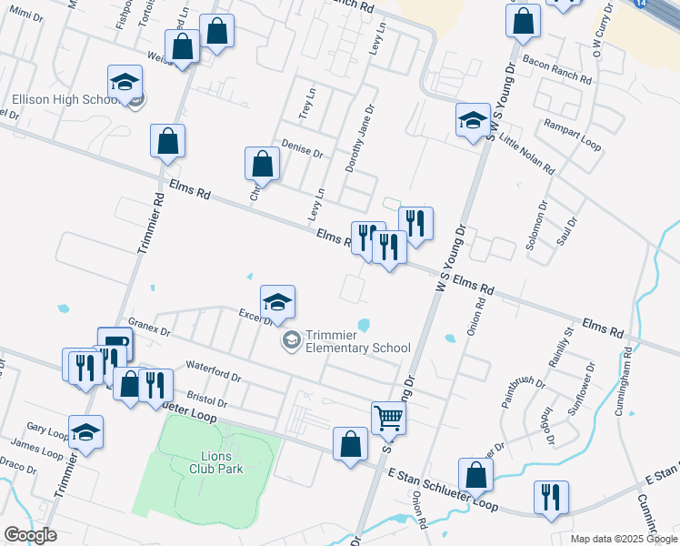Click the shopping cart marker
pos(388,418)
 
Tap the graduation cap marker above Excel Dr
pos(277,301)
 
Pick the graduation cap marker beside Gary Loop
pos(85,431)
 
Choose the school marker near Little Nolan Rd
pos(473,120)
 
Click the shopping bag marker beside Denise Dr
pos(262,164)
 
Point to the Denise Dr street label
pos(302,150)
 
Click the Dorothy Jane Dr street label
pos(361,138)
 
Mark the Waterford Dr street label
pos(213,376)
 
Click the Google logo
pos(30,535)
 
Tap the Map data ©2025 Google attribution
pos(624,539)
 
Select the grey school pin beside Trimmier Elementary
pos(291,340)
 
